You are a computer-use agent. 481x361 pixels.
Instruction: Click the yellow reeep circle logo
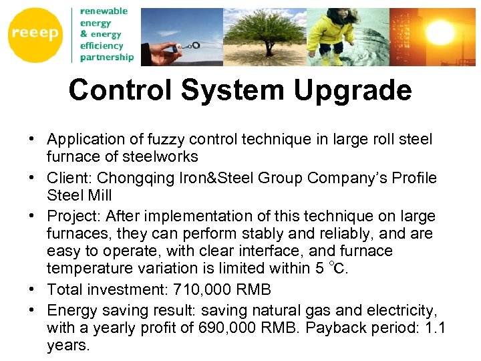35,34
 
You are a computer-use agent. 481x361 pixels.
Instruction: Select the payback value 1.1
434,329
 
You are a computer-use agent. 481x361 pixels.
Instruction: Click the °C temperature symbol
338,269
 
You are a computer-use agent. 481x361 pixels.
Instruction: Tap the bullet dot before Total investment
31,290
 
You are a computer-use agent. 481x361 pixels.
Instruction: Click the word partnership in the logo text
106,57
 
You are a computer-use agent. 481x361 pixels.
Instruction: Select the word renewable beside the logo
104,11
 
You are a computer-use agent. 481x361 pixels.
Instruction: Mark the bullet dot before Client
31,178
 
